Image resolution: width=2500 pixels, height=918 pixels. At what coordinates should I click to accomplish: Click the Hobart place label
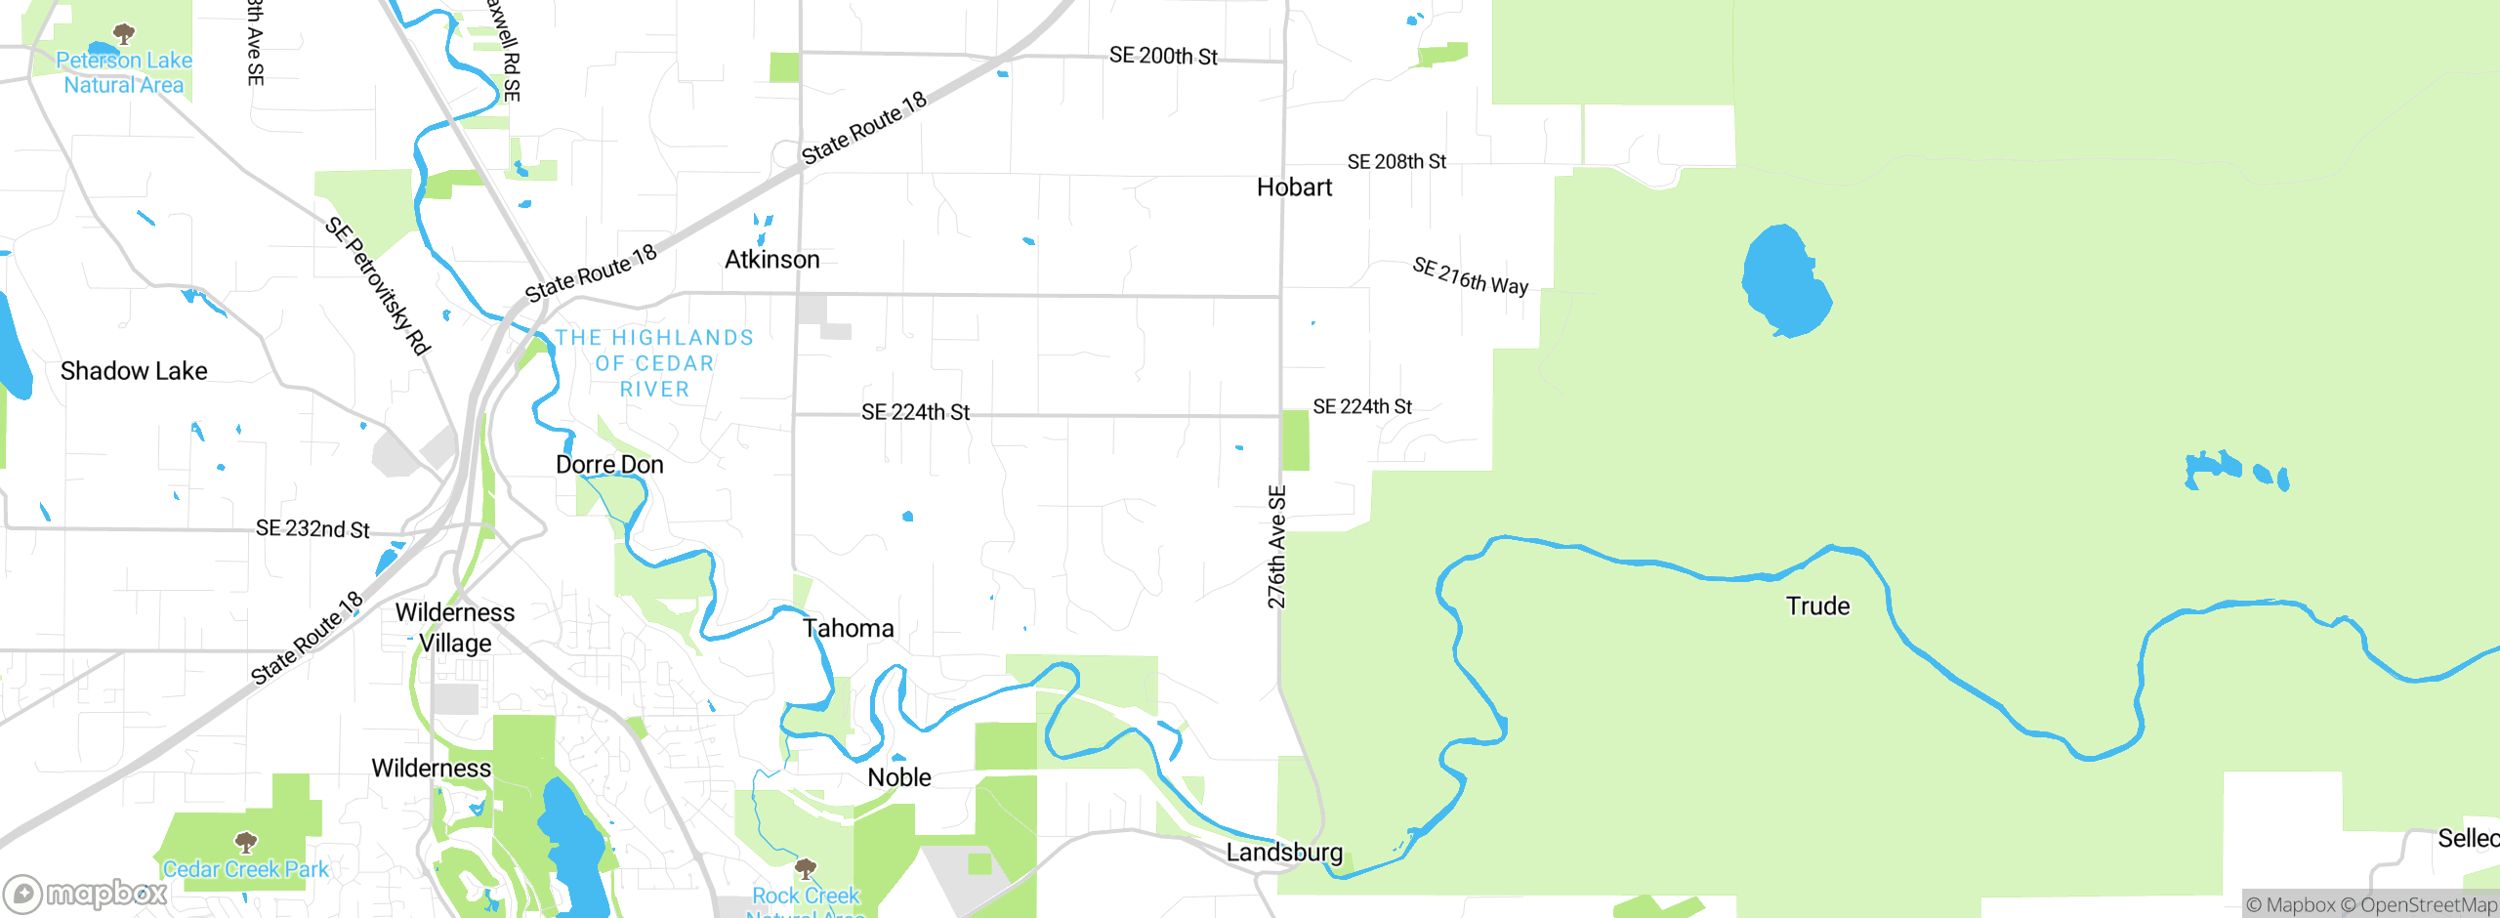click(1294, 188)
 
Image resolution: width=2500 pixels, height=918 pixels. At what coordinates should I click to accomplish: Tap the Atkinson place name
click(771, 260)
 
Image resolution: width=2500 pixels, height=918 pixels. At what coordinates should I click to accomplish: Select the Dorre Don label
click(609, 465)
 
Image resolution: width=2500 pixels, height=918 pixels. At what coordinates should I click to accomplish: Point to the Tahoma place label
click(848, 628)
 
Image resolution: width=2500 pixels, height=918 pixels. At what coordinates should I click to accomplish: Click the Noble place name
click(899, 777)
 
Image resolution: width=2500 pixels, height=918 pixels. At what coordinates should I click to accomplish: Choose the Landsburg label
click(1284, 853)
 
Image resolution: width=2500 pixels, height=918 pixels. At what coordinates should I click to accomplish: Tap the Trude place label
click(1817, 606)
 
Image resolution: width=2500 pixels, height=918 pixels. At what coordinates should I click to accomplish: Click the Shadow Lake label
click(134, 371)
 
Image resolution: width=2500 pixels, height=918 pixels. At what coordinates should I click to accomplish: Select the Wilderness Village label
click(455, 628)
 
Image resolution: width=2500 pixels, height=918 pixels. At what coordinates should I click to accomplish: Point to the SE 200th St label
click(1163, 57)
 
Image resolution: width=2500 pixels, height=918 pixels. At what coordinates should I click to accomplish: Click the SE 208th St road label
click(1396, 162)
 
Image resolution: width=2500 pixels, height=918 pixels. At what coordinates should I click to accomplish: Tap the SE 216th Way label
click(1470, 276)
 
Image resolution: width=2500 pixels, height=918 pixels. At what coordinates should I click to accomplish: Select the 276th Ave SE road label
click(1276, 547)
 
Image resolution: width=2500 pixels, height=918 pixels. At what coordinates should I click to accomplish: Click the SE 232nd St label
click(312, 529)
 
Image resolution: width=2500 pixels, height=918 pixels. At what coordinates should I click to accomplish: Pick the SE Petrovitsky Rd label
click(378, 285)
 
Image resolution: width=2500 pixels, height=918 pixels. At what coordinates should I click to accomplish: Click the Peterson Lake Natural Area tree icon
click(124, 34)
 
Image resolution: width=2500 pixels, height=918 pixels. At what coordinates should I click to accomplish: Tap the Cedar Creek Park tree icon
click(246, 842)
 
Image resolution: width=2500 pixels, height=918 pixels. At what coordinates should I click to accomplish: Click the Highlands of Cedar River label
click(654, 363)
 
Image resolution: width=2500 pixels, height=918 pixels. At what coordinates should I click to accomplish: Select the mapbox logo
click(85, 893)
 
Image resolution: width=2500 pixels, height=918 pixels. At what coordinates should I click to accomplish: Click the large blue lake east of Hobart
click(1785, 281)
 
